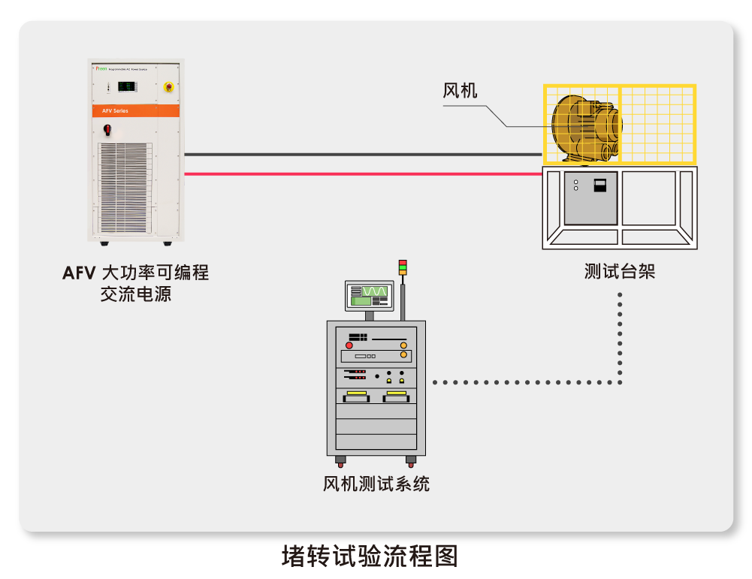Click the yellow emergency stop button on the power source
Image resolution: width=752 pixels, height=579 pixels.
[169, 87]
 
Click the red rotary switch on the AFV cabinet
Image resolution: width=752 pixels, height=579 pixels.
[107, 129]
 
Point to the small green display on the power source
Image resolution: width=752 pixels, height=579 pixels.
[128, 87]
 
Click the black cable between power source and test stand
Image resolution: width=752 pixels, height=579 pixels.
[361, 155]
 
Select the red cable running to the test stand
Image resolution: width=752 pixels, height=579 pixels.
[361, 173]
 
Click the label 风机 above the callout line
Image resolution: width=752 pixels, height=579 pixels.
[460, 91]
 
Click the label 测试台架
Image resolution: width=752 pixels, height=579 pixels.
[620, 271]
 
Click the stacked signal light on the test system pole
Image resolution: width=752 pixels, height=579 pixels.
[403, 267]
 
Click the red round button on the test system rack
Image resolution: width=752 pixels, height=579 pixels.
[349, 345]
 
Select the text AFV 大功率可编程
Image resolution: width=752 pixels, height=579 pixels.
[135, 273]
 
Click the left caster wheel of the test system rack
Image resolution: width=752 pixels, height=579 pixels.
[340, 460]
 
